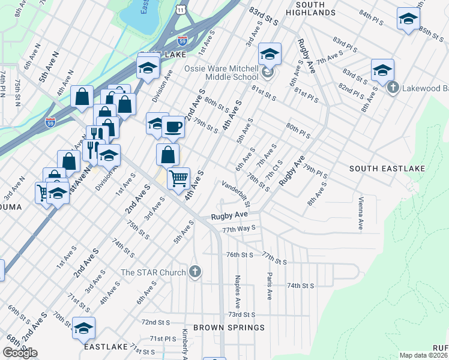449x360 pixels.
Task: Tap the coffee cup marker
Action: coord(173,127)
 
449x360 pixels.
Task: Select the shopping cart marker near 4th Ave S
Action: coord(178,178)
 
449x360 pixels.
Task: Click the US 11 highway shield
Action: coord(181,10)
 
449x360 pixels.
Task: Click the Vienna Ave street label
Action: coord(360,212)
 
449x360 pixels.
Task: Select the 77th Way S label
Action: coord(239,229)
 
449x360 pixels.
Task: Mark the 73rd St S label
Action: coord(241,314)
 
